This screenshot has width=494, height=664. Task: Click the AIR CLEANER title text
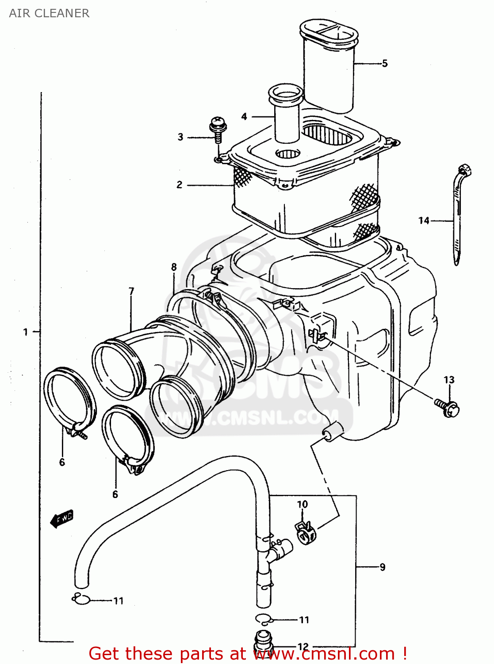49,13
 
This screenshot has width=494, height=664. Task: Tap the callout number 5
385,63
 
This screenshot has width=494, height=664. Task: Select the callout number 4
244,116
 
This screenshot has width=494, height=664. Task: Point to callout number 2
180,185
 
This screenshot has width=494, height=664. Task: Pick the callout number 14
424,220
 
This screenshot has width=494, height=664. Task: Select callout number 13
449,380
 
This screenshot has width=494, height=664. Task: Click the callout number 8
174,267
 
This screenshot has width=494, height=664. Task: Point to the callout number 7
131,291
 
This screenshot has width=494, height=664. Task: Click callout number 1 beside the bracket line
26,332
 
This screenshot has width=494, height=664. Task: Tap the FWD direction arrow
62,518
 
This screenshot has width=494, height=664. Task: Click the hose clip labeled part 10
305,531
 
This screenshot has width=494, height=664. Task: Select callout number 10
303,504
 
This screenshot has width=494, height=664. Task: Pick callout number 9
383,567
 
